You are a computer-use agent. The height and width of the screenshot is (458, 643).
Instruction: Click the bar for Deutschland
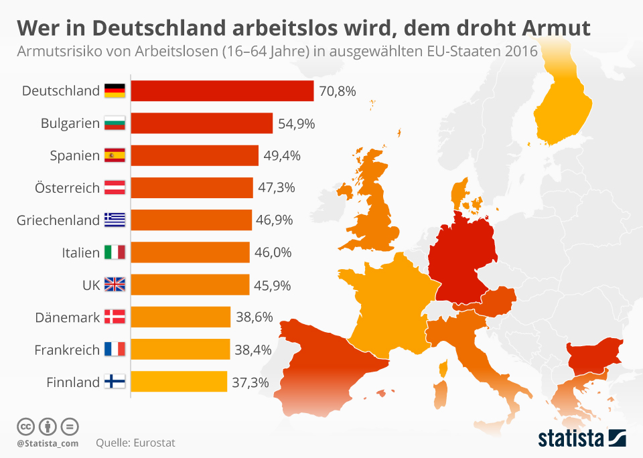point(222,91)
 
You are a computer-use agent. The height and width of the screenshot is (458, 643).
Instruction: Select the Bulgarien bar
point(202,123)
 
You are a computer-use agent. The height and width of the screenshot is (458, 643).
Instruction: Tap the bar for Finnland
point(179,382)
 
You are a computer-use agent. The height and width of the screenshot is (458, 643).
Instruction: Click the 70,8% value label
point(337,91)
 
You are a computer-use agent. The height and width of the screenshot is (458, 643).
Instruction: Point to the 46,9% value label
point(275,220)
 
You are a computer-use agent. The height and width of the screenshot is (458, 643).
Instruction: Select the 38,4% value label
point(253,349)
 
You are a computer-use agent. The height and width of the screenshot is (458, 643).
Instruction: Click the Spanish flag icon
point(115,155)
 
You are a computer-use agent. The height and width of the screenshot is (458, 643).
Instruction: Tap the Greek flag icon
point(115,220)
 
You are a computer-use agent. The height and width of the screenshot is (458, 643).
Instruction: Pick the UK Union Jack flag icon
point(115,285)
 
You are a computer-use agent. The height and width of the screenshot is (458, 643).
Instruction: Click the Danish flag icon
point(115,317)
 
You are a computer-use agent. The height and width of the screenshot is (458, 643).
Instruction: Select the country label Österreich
point(67,187)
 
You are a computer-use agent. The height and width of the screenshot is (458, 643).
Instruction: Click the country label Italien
point(80,252)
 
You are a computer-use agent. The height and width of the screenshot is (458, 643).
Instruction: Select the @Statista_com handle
point(48,443)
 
